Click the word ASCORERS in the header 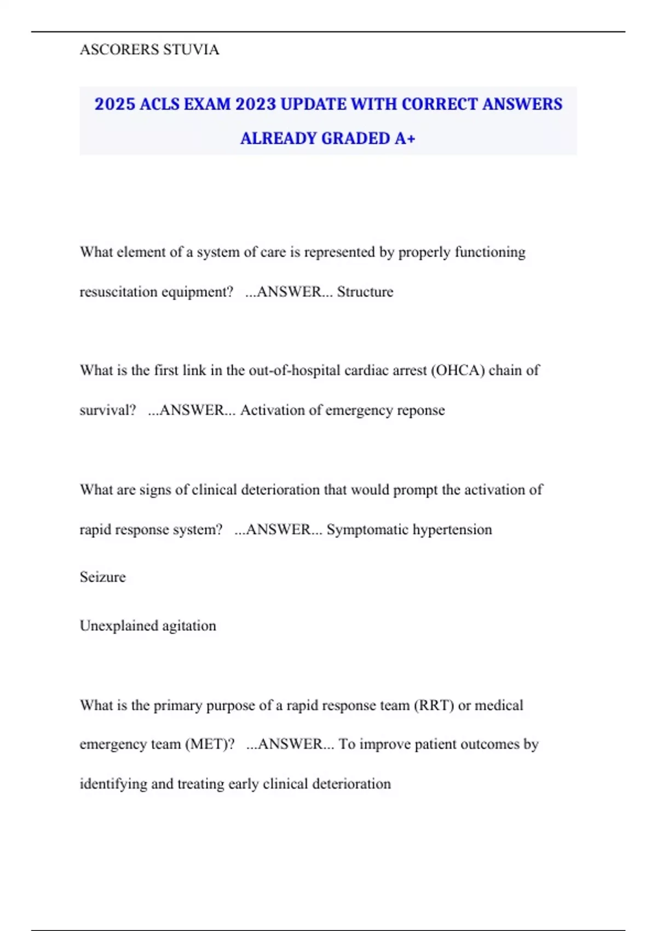(119, 50)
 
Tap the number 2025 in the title (114, 104)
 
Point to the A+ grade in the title (405, 139)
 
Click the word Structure (365, 292)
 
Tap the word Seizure (103, 577)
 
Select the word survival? (108, 410)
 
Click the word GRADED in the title (356, 139)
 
